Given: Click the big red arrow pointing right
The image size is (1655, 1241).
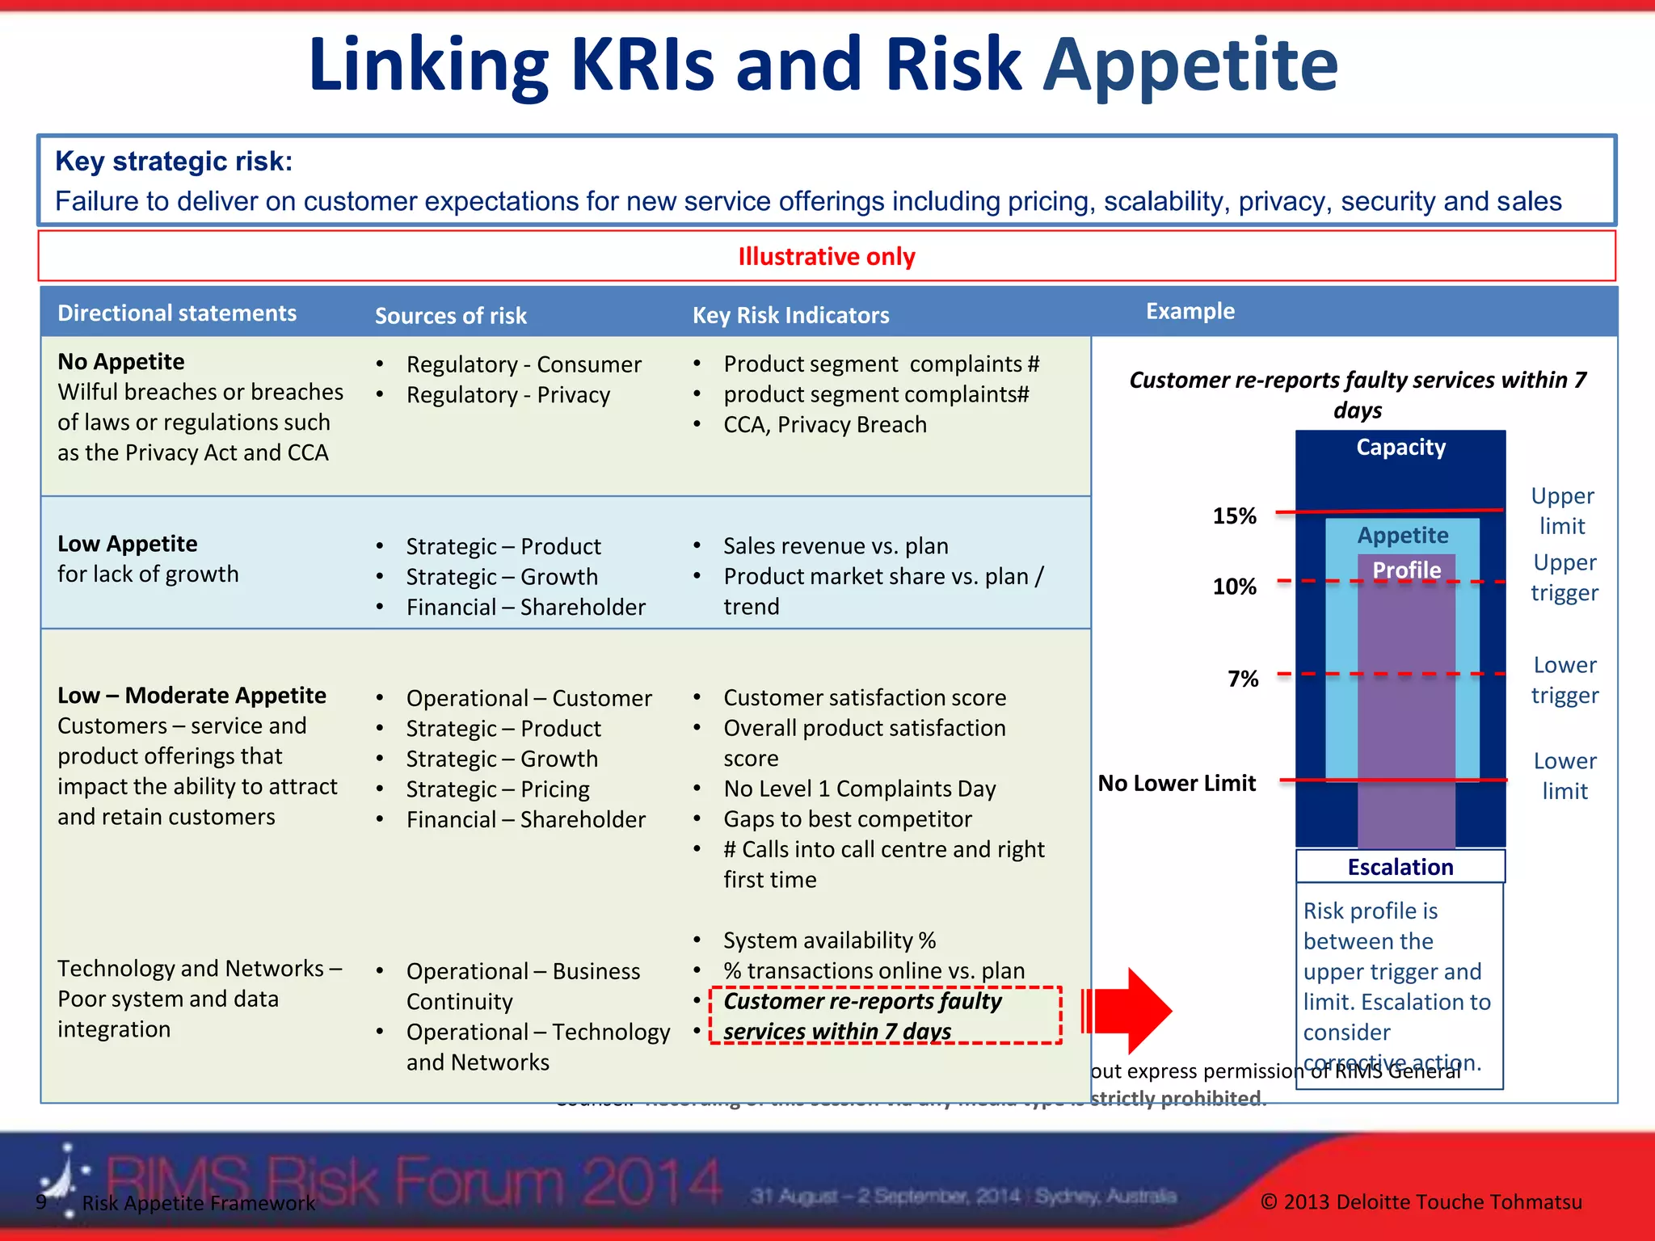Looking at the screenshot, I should [1131, 1011].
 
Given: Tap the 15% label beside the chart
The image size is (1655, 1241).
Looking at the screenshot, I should [1234, 516].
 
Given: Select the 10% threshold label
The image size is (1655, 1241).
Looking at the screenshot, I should [1234, 587].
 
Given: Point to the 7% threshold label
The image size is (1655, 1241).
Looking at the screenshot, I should [1243, 679].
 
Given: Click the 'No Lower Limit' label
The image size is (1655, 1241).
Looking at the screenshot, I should [1177, 783].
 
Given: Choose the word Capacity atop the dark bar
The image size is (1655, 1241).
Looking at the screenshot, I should [1400, 448].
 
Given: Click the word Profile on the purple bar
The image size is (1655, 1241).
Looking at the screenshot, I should [1406, 570].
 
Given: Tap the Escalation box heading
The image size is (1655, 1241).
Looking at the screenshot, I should [1400, 867].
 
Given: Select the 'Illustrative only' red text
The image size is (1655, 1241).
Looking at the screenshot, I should [826, 257].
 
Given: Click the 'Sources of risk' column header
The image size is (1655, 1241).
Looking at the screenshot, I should [450, 316].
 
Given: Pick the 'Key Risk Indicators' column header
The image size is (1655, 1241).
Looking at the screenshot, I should [790, 315].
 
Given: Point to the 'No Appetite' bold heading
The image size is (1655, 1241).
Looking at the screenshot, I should [120, 361].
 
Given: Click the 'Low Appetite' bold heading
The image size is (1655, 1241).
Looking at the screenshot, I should [127, 544].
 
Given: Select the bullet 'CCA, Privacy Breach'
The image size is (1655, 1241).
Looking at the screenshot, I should [824, 425].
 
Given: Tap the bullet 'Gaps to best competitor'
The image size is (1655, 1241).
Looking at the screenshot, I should [847, 819].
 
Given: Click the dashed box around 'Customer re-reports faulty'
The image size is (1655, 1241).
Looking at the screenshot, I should [885, 1016].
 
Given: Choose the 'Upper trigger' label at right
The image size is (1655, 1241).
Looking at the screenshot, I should [1564, 578].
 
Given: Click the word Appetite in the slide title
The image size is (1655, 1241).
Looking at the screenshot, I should [1190, 65].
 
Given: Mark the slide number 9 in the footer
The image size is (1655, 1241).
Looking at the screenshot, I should [41, 1201].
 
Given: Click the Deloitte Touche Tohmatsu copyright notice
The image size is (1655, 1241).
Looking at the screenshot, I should [1421, 1202].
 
